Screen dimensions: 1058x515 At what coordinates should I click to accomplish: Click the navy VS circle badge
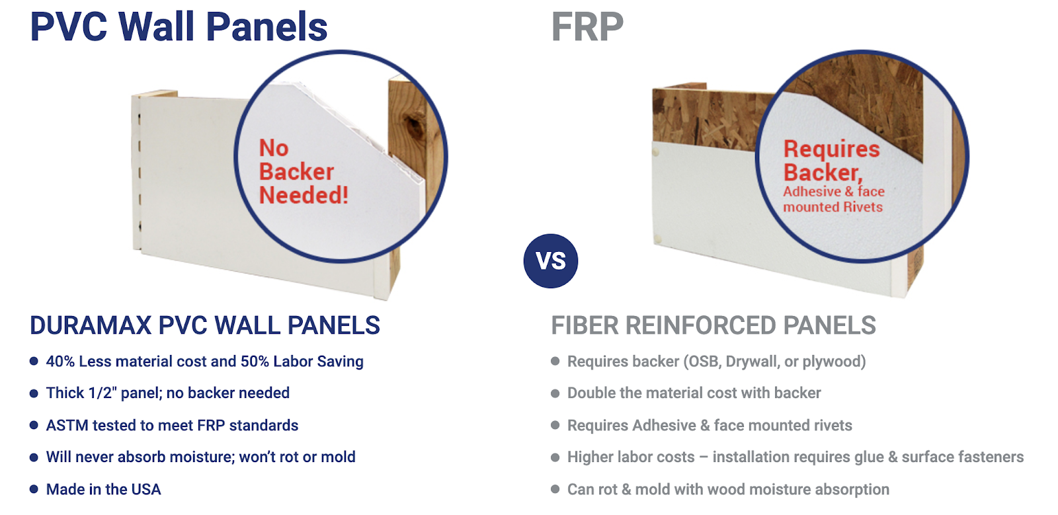point(551,261)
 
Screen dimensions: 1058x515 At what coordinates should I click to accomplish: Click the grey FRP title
point(588,26)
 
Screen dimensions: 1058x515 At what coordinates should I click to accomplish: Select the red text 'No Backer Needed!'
point(304,171)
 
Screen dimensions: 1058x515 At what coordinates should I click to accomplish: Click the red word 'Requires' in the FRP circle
point(832,149)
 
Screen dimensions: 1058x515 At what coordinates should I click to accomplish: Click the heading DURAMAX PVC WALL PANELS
point(205,325)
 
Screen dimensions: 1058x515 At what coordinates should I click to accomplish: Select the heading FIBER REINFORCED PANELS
point(713,325)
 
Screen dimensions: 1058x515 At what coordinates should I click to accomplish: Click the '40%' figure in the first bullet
point(60,362)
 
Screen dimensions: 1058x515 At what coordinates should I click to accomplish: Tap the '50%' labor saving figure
point(255,362)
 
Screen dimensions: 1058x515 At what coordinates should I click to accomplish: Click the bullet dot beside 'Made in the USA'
point(34,489)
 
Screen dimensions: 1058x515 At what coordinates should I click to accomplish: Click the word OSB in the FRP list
point(702,362)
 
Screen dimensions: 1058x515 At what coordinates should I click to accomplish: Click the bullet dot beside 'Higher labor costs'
point(555,457)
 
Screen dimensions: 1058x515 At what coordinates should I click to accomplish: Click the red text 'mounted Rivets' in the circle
point(833,207)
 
